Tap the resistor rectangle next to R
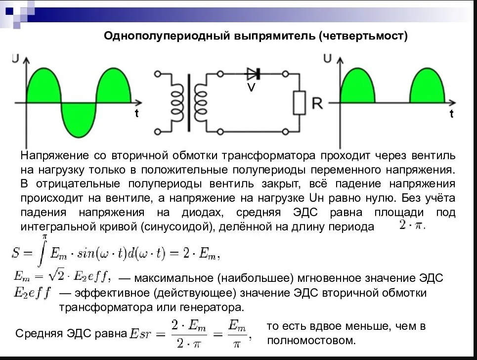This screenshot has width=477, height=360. (x=300, y=102)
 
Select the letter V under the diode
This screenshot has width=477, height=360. (x=251, y=88)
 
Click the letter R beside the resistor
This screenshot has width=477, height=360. (x=317, y=103)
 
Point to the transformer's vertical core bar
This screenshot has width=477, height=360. (x=189, y=103)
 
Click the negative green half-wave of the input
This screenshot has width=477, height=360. (x=79, y=120)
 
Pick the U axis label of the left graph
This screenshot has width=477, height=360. (x=15, y=58)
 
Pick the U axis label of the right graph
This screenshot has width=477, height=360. (x=327, y=58)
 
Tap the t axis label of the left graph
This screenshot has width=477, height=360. (x=137, y=113)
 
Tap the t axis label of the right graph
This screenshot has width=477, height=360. (x=451, y=114)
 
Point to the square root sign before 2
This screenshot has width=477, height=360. (x=53, y=275)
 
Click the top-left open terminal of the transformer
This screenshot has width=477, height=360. (x=158, y=74)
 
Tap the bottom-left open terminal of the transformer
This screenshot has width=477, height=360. (x=158, y=132)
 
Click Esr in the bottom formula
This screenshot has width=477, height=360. (x=140, y=334)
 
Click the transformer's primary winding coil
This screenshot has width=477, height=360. (x=177, y=103)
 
